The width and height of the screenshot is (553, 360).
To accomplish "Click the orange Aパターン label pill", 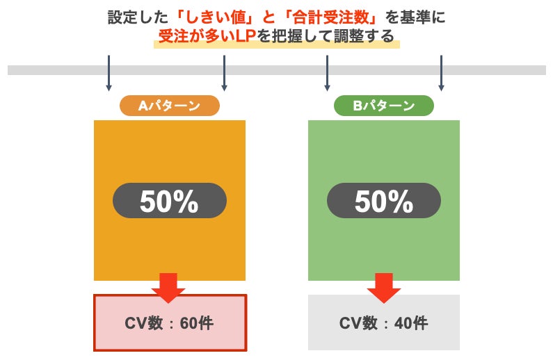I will click(x=170, y=106).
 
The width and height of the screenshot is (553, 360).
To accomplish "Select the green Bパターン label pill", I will click(x=383, y=106).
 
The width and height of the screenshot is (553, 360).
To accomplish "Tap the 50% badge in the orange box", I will click(x=169, y=202).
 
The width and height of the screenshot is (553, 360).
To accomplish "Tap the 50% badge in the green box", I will click(x=383, y=202).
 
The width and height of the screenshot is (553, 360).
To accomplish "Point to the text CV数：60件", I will click(x=170, y=323).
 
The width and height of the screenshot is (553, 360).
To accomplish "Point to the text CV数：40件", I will click(x=384, y=323).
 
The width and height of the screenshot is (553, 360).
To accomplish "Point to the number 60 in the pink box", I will click(x=187, y=323).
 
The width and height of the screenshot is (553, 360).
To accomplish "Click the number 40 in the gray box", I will click(x=401, y=323).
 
